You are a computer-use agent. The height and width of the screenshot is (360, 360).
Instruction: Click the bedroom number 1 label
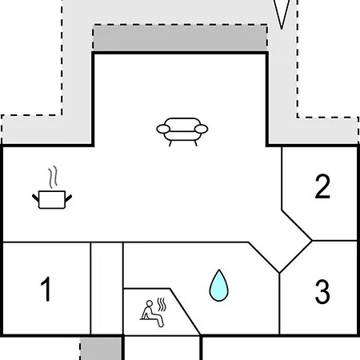46,289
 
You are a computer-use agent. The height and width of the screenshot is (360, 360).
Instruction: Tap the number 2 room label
322,186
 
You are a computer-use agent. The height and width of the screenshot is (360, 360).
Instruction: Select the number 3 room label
322,291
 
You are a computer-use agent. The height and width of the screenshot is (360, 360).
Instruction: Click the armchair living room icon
182,132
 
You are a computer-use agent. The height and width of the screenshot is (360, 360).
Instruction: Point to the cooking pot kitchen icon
52,187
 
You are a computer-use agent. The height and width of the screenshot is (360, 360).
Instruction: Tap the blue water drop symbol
218,286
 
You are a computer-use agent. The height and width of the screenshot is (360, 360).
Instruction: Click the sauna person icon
153,312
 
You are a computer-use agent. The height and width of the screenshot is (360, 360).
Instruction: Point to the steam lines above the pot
53,177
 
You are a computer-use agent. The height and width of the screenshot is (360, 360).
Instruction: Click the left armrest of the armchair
163,129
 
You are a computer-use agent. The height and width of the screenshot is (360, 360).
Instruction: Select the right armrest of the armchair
202,129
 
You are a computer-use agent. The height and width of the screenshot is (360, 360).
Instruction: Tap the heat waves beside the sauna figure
162,305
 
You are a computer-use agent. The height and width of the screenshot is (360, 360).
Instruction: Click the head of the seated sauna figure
150,303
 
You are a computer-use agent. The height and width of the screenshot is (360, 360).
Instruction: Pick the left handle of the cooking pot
36,198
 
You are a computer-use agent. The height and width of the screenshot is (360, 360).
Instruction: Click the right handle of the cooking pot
69,198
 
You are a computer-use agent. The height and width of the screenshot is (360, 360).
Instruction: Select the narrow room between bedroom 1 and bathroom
107,288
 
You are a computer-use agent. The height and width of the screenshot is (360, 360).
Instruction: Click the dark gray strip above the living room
180,38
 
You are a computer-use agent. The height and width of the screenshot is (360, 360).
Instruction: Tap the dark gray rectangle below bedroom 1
101,349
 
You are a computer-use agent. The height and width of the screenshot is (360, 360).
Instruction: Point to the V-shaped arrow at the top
282,14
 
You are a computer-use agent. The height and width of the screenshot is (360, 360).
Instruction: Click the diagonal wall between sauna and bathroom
185,311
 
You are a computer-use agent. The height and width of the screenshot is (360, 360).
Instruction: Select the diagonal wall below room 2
297,226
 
